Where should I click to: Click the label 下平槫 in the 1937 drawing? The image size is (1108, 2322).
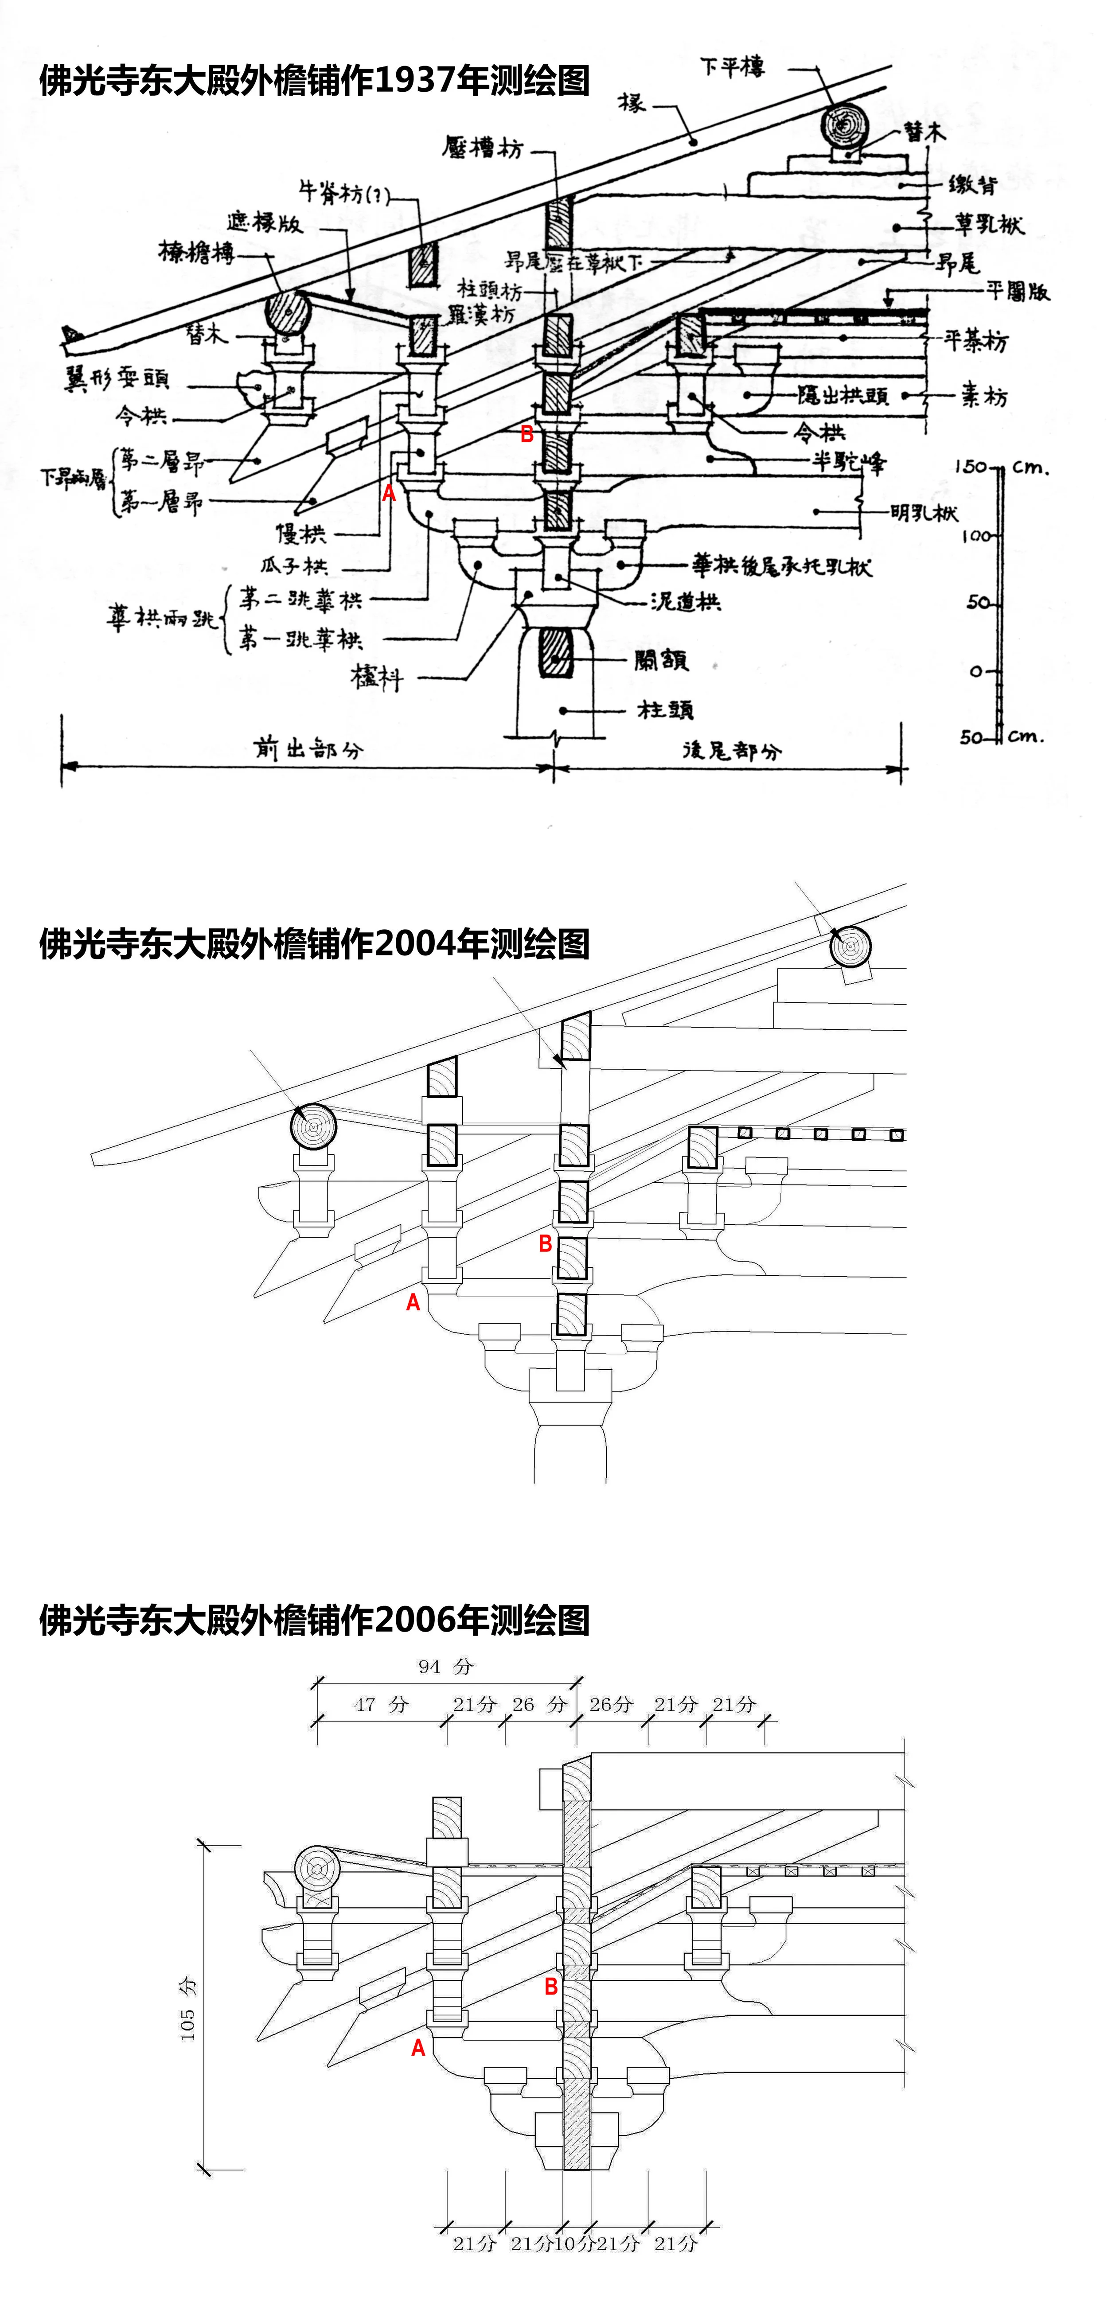732,67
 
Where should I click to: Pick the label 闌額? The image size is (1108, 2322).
661,661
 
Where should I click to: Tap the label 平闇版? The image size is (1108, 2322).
1017,291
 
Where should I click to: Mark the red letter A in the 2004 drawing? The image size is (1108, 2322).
413,1302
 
